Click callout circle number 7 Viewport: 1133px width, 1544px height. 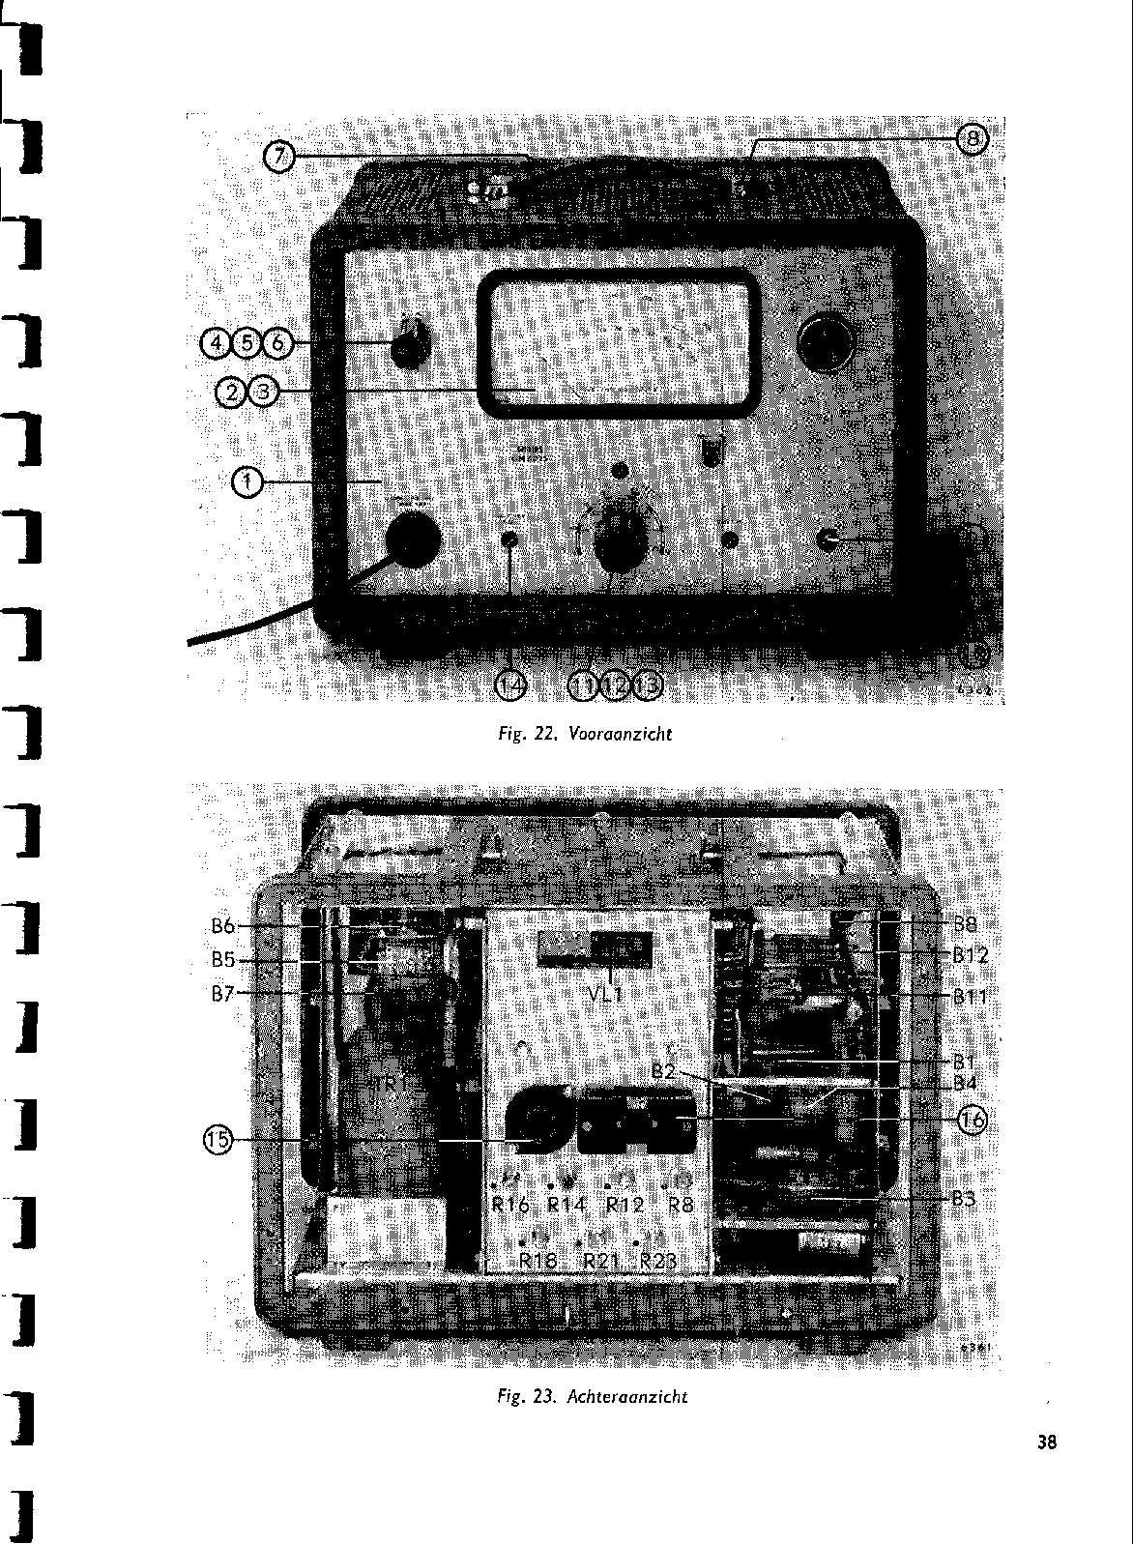click(x=278, y=156)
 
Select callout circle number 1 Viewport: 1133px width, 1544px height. click(x=248, y=481)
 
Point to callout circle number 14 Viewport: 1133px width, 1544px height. click(x=511, y=685)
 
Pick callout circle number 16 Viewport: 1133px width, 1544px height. click(x=971, y=1120)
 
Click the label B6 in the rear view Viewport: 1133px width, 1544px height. click(x=223, y=926)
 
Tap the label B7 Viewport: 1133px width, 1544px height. click(x=223, y=993)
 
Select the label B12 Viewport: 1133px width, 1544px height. click(x=969, y=955)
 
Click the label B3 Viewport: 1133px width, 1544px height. click(x=963, y=1199)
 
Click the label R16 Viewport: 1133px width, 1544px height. click(x=509, y=1205)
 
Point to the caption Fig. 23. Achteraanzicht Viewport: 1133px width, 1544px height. click(x=592, y=1396)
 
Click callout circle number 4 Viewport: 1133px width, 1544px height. click(x=215, y=342)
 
